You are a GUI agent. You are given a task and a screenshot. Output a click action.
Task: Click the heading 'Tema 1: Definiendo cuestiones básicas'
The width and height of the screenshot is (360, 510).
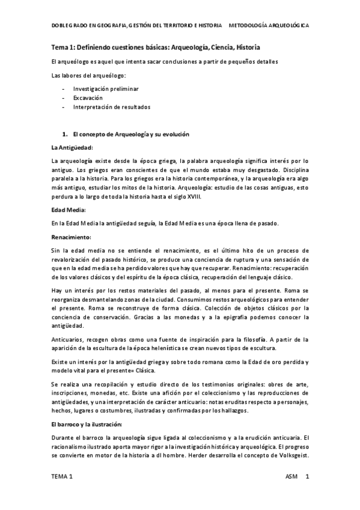click(156, 47)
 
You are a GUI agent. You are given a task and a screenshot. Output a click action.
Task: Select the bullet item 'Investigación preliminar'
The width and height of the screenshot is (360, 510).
click(106, 88)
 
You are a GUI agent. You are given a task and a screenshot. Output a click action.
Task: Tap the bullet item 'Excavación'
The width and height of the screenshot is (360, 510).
click(89, 97)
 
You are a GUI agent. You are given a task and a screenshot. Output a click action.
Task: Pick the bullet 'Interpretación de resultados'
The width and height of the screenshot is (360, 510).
click(112, 106)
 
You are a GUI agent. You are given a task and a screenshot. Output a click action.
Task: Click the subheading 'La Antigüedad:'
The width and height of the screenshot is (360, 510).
click(73, 147)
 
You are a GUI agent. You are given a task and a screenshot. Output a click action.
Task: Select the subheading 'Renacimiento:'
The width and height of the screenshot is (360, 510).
click(72, 237)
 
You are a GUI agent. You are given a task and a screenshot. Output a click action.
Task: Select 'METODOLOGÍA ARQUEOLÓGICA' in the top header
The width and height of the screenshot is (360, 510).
click(270, 27)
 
